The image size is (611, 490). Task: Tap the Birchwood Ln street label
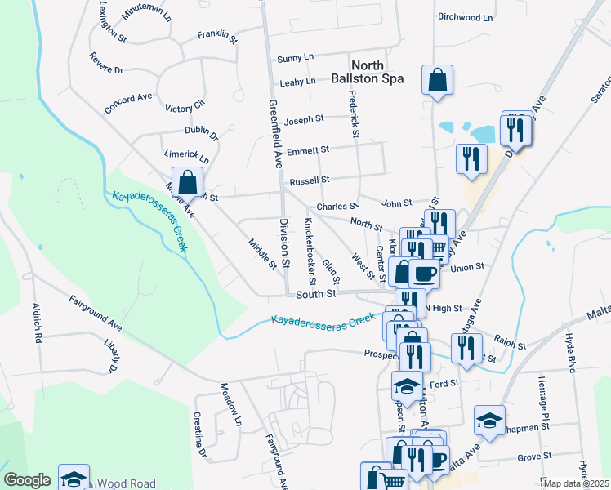click(466, 17)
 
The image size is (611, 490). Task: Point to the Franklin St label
click(217, 37)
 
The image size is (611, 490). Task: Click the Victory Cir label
click(184, 107)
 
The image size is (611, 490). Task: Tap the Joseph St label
click(305, 120)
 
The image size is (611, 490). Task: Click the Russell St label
click(309, 180)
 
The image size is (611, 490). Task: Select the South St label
click(316, 293)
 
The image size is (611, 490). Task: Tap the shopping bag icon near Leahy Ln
click(437, 81)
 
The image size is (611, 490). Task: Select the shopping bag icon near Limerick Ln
click(187, 182)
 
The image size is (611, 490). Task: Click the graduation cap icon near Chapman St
click(488, 421)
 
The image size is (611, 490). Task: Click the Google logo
click(27, 480)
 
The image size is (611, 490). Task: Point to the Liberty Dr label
click(112, 354)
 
